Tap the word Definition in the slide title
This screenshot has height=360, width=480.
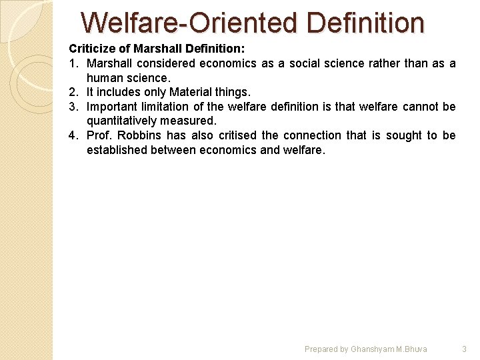point(365,23)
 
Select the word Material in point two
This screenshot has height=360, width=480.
point(204,92)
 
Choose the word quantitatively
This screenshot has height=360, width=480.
point(127,121)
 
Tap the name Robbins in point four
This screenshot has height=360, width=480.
point(139,135)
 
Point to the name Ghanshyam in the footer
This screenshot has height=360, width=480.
point(372,349)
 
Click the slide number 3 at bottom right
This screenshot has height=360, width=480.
point(465,349)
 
